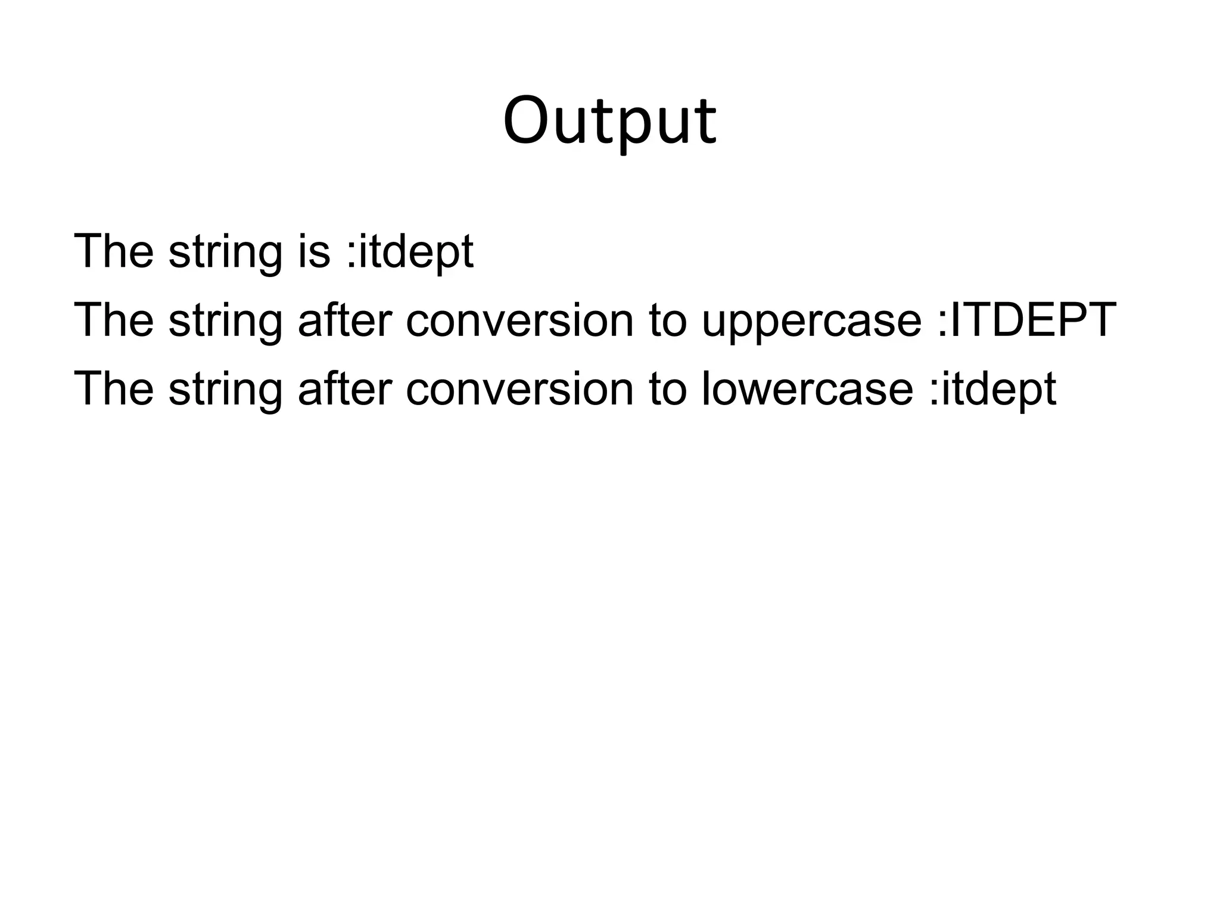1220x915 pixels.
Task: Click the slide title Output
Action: (609, 122)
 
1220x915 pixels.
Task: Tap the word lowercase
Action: (807, 388)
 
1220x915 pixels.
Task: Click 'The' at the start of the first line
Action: (113, 251)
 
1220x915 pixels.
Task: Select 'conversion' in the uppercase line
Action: (519, 320)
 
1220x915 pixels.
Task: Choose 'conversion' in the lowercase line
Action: (519, 388)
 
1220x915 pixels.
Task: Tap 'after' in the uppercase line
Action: (344, 320)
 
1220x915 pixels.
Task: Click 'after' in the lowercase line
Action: (344, 388)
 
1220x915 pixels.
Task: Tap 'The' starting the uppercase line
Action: (113, 320)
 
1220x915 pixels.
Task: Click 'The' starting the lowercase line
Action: (113, 388)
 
